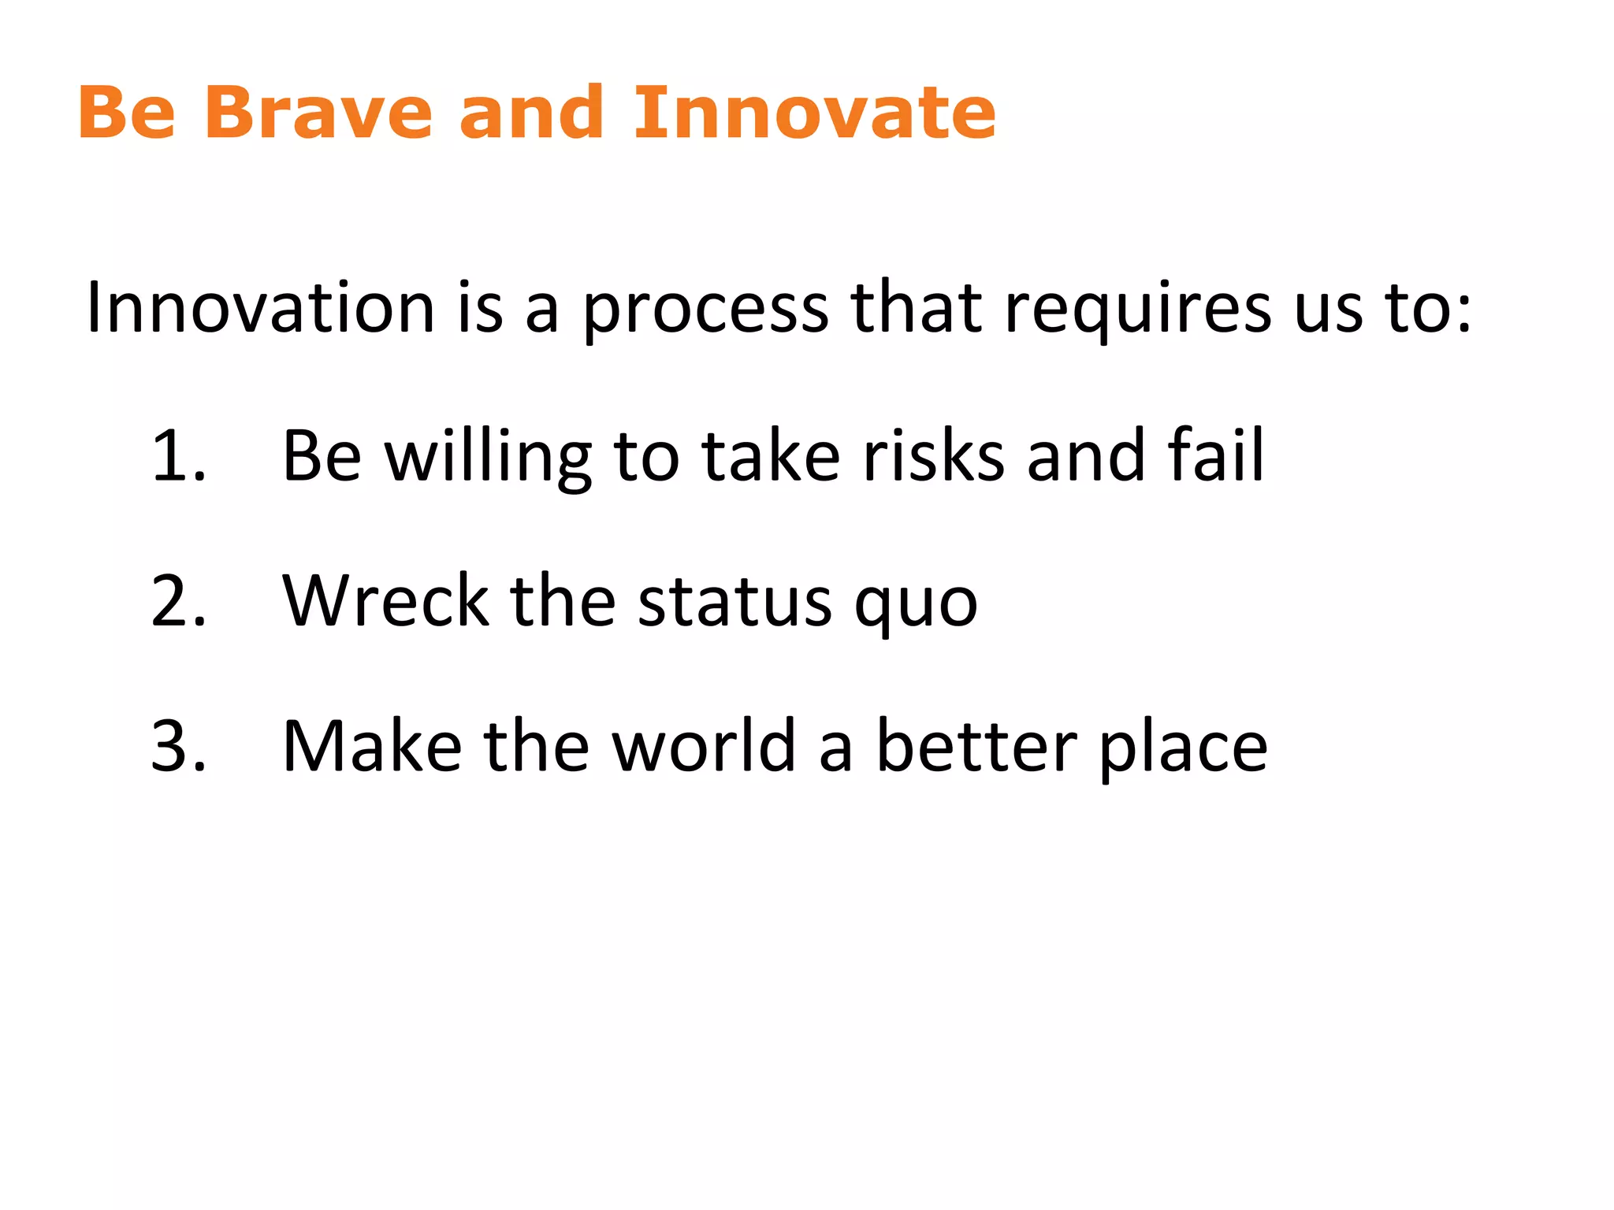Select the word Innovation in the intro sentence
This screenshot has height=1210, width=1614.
tap(260, 308)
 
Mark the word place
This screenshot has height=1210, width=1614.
tap(1182, 748)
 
